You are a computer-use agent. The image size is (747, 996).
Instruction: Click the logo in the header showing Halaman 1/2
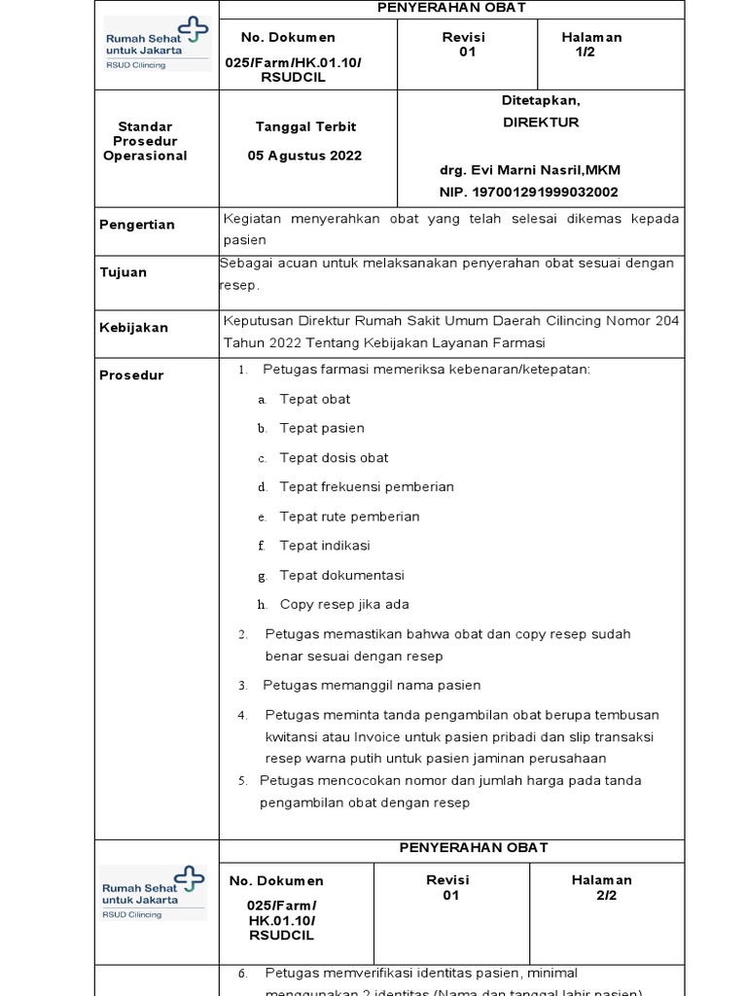click(157, 44)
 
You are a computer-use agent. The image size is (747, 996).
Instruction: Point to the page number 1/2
click(585, 53)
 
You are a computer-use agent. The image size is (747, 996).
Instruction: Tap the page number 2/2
click(606, 896)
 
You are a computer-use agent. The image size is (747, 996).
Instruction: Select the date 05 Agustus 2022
click(304, 156)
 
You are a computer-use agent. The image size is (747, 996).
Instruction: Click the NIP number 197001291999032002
click(528, 193)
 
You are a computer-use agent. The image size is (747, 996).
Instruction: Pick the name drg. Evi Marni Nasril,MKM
click(529, 170)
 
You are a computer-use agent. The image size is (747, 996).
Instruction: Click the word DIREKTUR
click(540, 123)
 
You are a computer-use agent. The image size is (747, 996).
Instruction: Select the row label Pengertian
click(137, 225)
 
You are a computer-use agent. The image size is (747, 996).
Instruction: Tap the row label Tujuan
click(124, 272)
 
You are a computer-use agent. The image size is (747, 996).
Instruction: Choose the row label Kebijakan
click(134, 328)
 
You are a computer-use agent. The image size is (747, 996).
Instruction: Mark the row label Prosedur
click(131, 375)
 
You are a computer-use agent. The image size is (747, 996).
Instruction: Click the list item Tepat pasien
click(322, 428)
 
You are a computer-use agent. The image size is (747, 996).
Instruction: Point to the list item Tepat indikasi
click(325, 546)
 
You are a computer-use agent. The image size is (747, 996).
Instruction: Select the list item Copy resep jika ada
click(344, 604)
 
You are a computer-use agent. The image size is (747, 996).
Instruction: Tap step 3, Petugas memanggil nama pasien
click(373, 686)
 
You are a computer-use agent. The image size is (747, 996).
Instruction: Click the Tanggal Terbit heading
click(305, 127)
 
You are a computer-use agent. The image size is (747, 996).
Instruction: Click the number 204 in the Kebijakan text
click(667, 321)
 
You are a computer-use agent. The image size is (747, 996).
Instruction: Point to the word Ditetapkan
click(540, 100)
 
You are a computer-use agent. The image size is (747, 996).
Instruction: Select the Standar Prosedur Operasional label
click(145, 141)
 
